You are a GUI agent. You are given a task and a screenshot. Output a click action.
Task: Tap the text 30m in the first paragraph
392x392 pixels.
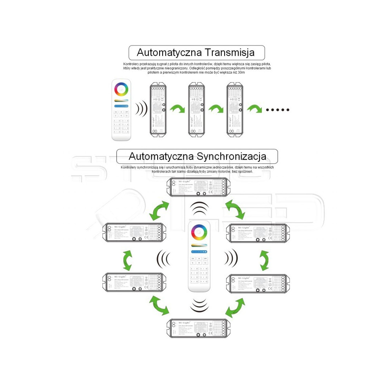[x=240, y=73]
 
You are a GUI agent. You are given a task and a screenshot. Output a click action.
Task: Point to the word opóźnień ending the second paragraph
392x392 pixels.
[x=243, y=171]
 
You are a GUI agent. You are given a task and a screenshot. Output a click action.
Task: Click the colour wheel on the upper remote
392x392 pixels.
[x=122, y=89]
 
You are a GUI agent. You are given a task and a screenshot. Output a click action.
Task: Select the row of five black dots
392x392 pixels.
[x=278, y=109]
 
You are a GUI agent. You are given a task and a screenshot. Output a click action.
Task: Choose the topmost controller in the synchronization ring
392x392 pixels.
[x=198, y=187]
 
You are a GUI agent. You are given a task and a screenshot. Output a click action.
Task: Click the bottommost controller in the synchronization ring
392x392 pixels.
[x=198, y=328]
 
